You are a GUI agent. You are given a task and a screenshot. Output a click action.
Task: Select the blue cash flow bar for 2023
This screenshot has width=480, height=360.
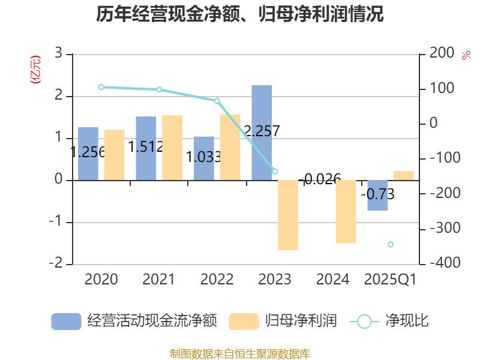click(262, 133)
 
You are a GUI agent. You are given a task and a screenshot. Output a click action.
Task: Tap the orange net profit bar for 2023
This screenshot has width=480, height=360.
click(287, 215)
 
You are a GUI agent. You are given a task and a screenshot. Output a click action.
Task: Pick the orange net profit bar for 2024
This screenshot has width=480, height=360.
click(346, 212)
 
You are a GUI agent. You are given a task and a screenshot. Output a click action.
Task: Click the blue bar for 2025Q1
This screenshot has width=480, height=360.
click(377, 196)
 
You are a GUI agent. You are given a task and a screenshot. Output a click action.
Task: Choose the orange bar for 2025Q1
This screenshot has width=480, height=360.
click(404, 175)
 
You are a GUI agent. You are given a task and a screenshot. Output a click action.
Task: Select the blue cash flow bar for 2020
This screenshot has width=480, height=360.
click(88, 154)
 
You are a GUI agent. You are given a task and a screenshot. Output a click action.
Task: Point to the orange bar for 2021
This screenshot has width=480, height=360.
click(172, 148)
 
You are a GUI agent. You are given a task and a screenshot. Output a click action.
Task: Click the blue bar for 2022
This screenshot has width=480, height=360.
click(204, 158)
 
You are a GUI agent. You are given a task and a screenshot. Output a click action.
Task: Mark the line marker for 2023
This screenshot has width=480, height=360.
click(275, 172)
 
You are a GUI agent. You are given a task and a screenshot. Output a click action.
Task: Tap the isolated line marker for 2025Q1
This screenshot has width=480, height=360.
click(391, 244)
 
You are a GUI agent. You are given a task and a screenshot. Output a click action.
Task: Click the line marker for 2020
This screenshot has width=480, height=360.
click(101, 87)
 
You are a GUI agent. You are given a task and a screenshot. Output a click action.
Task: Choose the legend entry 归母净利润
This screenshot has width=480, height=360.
click(283, 321)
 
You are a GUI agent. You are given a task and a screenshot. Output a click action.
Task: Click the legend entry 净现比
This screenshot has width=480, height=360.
click(390, 321)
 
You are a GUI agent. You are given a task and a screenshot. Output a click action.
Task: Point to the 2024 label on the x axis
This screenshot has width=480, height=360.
click(332, 280)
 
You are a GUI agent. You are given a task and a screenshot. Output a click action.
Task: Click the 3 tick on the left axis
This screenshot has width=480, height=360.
click(59, 53)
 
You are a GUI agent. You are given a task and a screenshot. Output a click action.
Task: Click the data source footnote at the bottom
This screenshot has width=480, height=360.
click(240, 353)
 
